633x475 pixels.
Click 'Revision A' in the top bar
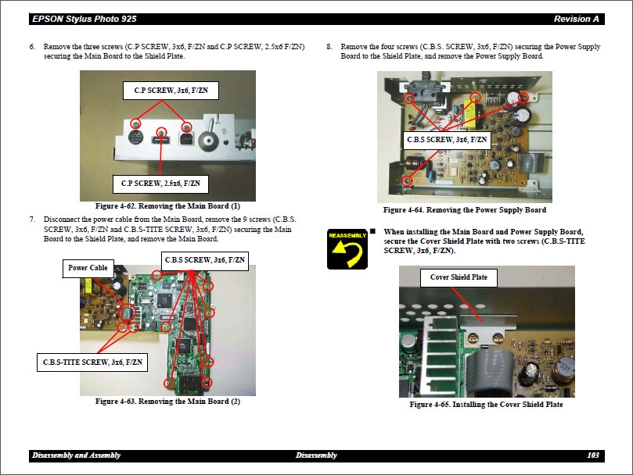pyautogui.click(x=576, y=19)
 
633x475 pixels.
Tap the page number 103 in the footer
pyautogui.click(x=592, y=455)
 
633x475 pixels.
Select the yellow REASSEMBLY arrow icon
pyautogui.click(x=347, y=249)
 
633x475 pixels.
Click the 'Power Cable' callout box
pyautogui.click(x=88, y=268)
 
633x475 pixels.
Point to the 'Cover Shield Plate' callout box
pyautogui.click(x=459, y=277)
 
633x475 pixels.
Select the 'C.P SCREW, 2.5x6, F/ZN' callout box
pyautogui.click(x=160, y=184)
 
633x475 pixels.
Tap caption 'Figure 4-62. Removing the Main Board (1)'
pyautogui.click(x=167, y=205)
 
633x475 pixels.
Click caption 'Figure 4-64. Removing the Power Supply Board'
pyautogui.click(x=464, y=210)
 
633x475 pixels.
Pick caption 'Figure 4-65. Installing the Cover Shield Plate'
pyautogui.click(x=486, y=405)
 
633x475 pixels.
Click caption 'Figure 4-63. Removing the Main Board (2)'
pyautogui.click(x=167, y=402)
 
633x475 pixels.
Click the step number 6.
pyautogui.click(x=32, y=47)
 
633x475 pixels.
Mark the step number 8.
pyautogui.click(x=329, y=47)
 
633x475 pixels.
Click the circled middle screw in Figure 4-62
pyautogui.click(x=162, y=134)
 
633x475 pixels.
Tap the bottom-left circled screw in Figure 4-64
pyautogui.click(x=408, y=180)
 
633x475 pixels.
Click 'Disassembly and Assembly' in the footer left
pyautogui.click(x=76, y=455)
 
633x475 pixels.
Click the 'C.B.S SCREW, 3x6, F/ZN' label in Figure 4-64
pyautogui.click(x=448, y=141)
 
